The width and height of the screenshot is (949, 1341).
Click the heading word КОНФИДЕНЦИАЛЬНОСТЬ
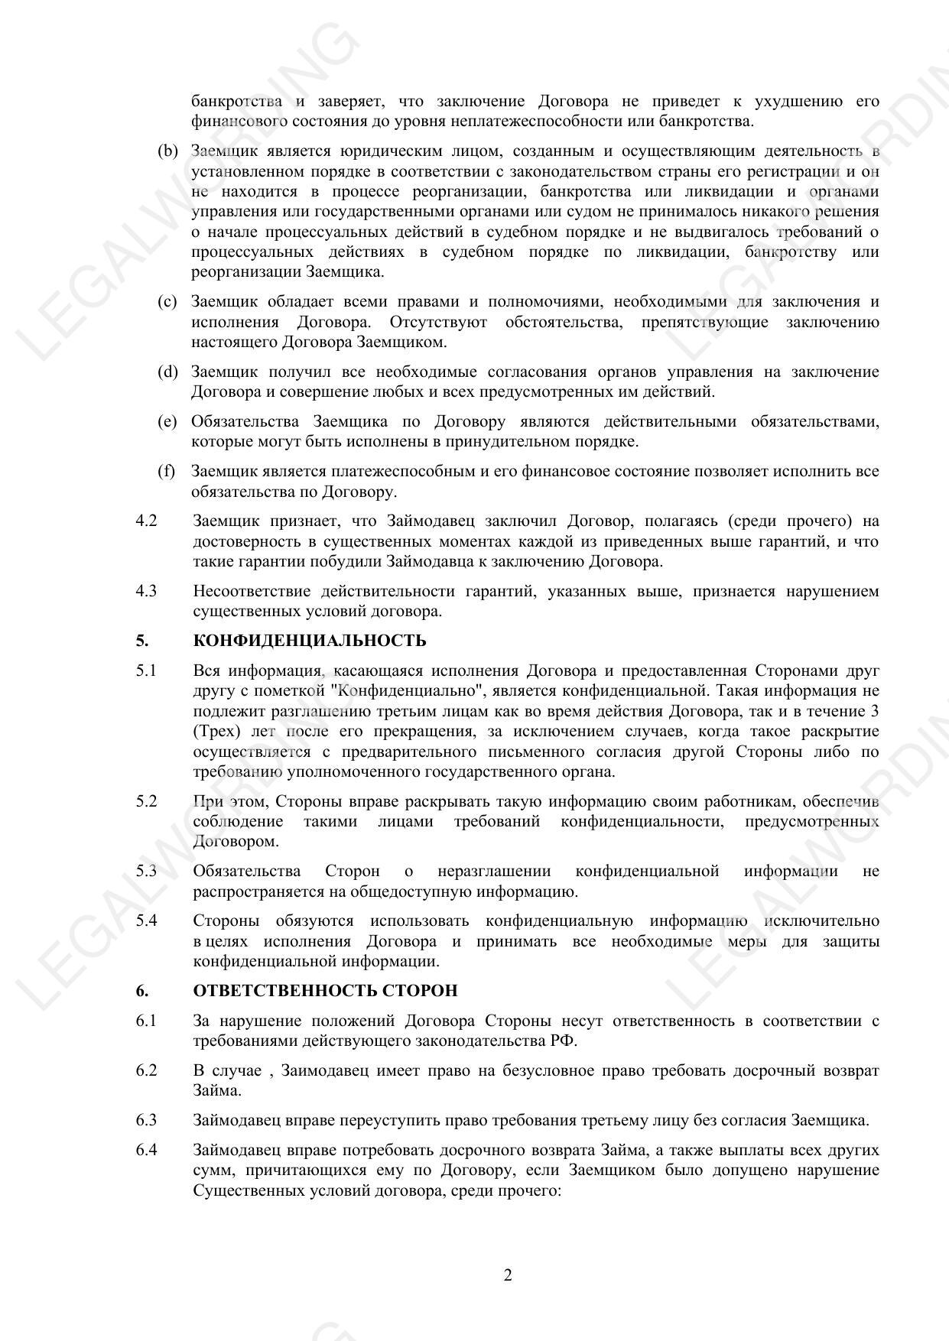[310, 641]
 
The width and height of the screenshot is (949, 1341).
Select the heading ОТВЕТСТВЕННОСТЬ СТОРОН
[325, 991]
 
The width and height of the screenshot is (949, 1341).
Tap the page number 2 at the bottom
[508, 1275]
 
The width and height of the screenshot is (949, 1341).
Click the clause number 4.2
[146, 521]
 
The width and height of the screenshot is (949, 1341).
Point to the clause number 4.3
[146, 591]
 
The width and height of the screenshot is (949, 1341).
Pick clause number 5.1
[146, 671]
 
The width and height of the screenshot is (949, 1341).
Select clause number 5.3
[146, 871]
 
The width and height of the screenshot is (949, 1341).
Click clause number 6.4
[146, 1150]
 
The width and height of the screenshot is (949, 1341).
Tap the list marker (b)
[167, 151]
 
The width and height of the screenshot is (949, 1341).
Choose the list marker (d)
[167, 372]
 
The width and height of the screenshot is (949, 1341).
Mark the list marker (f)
[166, 472]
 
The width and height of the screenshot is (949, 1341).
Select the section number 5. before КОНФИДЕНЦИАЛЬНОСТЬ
[141, 641]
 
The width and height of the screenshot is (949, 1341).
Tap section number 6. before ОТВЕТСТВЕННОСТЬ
[141, 991]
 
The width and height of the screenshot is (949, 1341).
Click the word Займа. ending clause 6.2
[217, 1090]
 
